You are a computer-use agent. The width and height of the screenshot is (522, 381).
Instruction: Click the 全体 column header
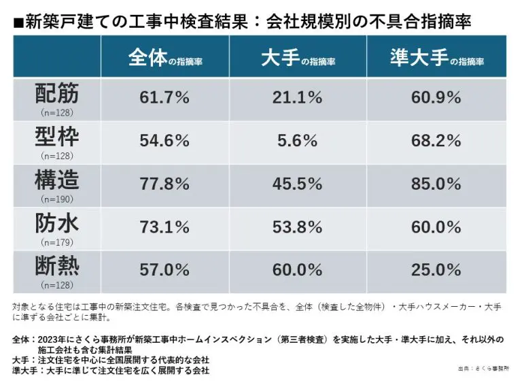click(x=164, y=58)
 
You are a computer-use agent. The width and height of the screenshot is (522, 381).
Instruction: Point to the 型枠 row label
click(x=57, y=137)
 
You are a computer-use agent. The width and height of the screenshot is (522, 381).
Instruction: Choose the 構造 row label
click(x=57, y=180)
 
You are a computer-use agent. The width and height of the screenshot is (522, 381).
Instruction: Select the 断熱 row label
click(x=57, y=266)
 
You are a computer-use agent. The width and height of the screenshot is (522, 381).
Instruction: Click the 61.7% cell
click(x=164, y=98)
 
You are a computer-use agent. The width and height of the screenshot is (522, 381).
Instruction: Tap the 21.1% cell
click(x=298, y=98)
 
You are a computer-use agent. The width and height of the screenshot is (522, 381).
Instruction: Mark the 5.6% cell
click(x=298, y=141)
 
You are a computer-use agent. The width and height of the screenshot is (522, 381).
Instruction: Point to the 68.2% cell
click(x=436, y=141)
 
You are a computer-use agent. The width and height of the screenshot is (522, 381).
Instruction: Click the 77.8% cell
click(x=164, y=184)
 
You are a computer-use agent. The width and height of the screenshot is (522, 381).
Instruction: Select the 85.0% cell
click(x=436, y=184)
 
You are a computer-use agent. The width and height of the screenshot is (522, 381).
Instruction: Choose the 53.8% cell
click(x=298, y=227)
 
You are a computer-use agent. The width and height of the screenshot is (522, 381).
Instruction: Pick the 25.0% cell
click(x=436, y=270)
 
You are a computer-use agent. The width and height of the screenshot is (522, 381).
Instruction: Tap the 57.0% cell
click(x=164, y=270)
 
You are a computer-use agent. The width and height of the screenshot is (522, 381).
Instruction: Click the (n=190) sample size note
click(x=57, y=199)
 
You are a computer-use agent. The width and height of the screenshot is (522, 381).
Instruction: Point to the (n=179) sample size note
click(x=57, y=242)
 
